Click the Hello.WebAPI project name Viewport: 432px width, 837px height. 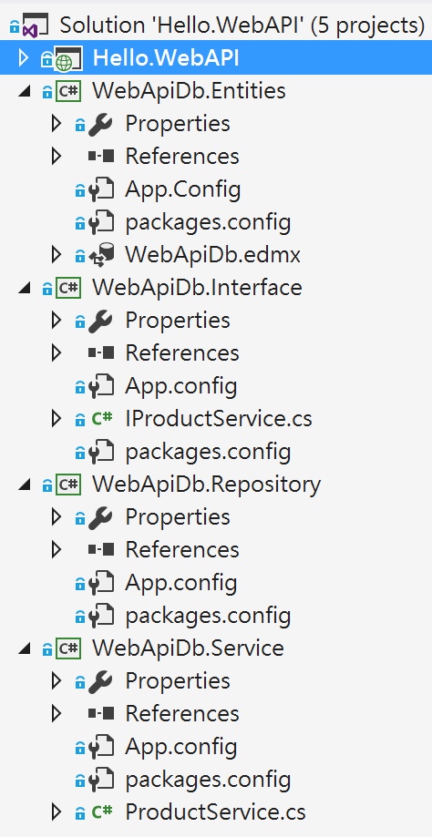(x=166, y=57)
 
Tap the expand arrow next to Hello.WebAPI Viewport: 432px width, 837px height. (x=23, y=57)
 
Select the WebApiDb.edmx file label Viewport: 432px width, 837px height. (x=212, y=255)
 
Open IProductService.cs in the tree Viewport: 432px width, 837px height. (x=219, y=419)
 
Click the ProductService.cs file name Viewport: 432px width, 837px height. (x=215, y=811)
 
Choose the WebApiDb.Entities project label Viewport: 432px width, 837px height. (x=189, y=91)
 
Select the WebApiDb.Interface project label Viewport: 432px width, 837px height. (x=197, y=287)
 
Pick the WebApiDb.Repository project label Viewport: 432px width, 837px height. (x=207, y=485)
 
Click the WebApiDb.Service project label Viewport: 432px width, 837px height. (x=188, y=648)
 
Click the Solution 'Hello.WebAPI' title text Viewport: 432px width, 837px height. (x=242, y=25)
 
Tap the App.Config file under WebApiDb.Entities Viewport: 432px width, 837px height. (x=182, y=189)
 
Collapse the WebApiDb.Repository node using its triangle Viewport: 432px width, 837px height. (x=24, y=485)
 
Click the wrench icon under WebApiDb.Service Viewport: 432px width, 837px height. (x=100, y=680)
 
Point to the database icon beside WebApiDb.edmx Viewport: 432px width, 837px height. (x=101, y=255)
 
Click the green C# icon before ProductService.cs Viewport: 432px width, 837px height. (x=101, y=811)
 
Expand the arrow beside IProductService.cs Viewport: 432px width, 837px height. (x=57, y=419)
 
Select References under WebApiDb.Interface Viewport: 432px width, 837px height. (x=182, y=352)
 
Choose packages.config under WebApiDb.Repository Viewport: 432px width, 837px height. (x=208, y=616)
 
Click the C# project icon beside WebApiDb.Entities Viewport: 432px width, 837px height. (x=67, y=91)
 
